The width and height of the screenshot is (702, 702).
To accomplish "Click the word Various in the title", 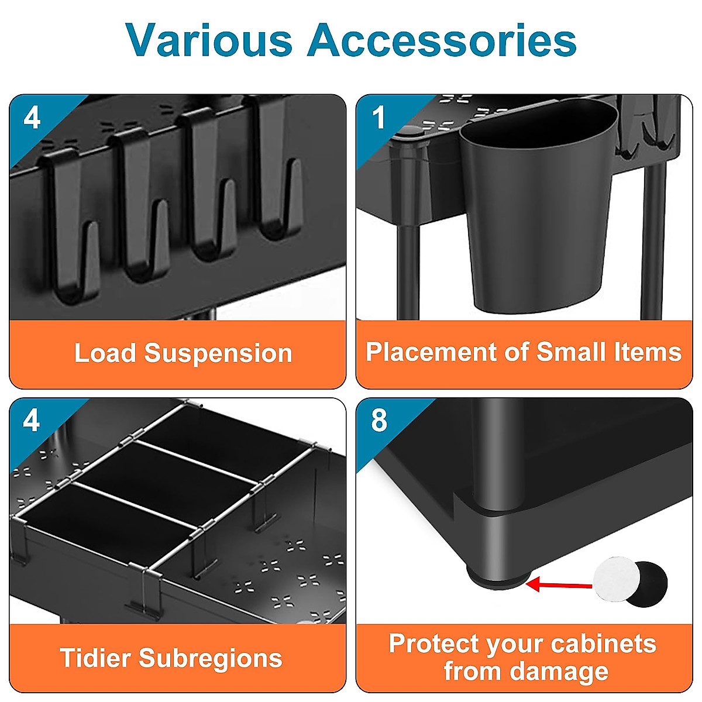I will point(208,40).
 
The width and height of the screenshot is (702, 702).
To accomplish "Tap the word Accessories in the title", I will point(442,40).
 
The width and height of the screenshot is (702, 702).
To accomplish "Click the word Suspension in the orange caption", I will point(218,353).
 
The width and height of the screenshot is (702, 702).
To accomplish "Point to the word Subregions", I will point(210,658).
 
